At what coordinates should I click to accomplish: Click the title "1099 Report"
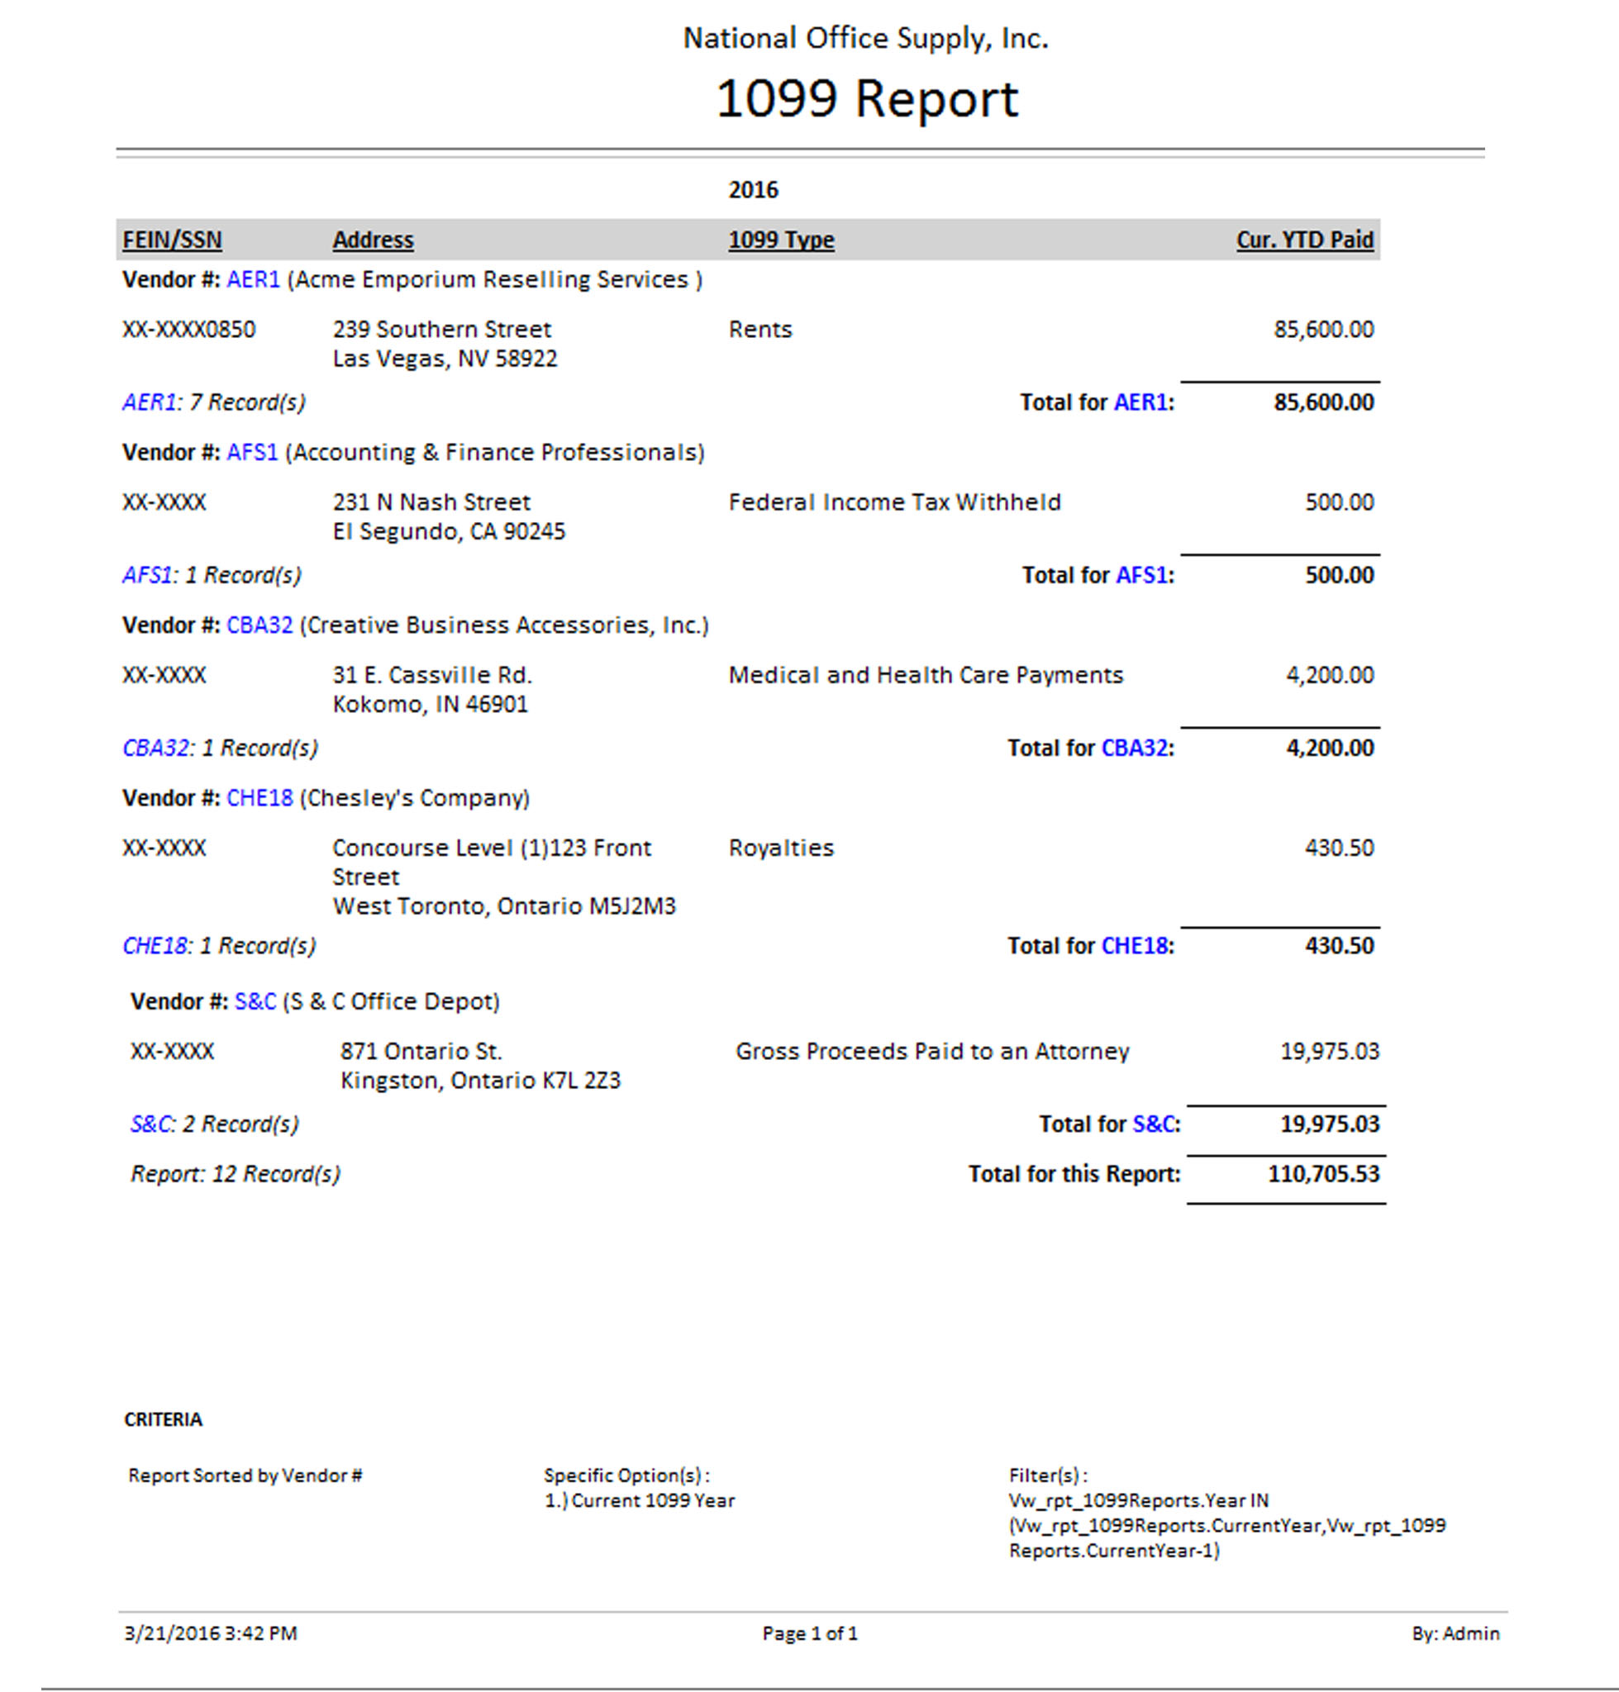coord(866,98)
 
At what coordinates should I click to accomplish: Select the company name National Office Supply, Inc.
coord(865,39)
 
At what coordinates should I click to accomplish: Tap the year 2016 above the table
coord(753,190)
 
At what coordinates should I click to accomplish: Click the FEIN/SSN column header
coord(172,240)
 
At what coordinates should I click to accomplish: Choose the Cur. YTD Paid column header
coord(1304,240)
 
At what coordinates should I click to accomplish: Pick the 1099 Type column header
coord(781,240)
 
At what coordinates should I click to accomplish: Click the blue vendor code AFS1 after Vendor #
coord(252,452)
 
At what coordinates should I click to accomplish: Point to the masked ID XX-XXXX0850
coord(189,330)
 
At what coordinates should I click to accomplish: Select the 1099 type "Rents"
coord(760,330)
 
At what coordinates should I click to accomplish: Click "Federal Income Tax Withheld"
coord(894,502)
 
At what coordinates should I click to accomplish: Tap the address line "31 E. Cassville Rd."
coord(432,675)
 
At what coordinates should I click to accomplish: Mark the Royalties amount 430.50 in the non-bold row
coord(1339,848)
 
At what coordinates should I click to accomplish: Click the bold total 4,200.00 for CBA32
coord(1329,747)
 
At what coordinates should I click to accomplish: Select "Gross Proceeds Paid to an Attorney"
coord(932,1051)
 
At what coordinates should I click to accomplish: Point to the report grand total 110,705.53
coord(1323,1173)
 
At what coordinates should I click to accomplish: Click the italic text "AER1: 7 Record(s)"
coord(214,402)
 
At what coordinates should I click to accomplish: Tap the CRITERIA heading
coord(163,1419)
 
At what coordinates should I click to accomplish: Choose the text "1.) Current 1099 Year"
coord(640,1500)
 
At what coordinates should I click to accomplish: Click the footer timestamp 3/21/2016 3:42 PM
coord(211,1633)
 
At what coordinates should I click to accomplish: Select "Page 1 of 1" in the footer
coord(810,1633)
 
